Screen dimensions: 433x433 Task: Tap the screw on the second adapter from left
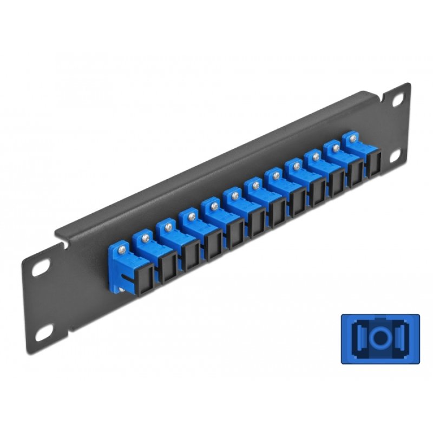(145, 236)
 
